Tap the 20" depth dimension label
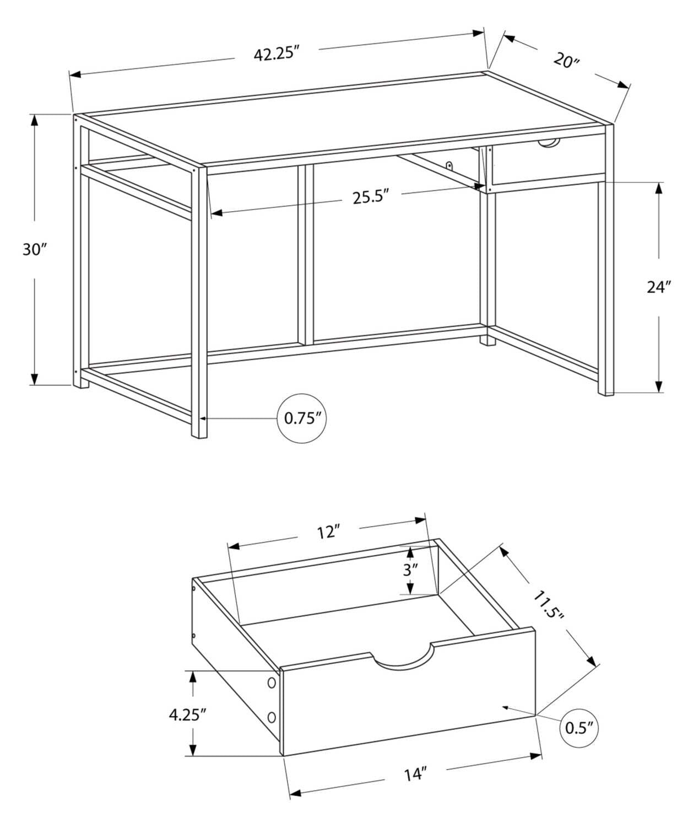tap(567, 60)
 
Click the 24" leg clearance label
tap(659, 287)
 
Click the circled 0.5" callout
tap(579, 727)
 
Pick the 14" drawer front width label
tap(415, 774)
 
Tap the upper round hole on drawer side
tap(271, 683)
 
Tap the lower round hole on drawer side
tap(271, 717)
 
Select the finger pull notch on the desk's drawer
tap(548, 144)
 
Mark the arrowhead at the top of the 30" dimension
tap(34, 120)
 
